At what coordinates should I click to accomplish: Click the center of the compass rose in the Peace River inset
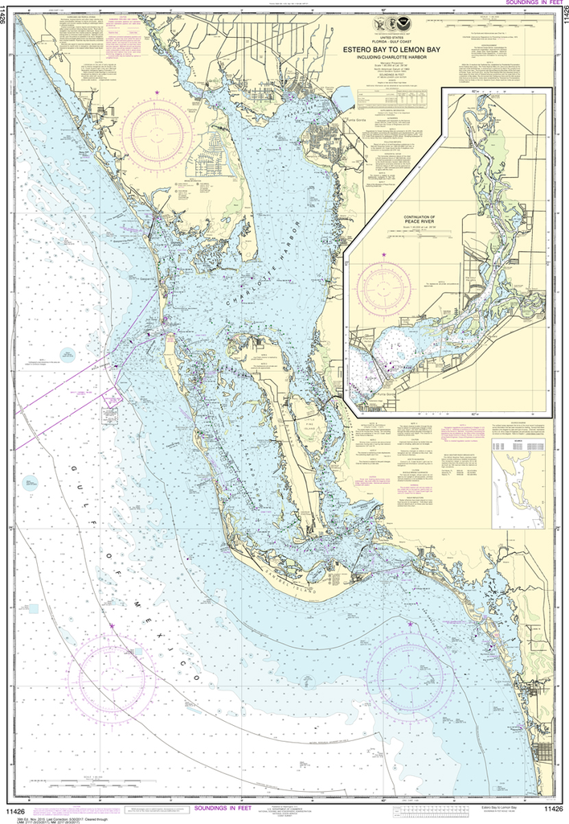tap(383, 286)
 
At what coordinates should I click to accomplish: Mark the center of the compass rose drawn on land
tap(157, 133)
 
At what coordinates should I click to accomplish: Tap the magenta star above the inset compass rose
tap(383, 254)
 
